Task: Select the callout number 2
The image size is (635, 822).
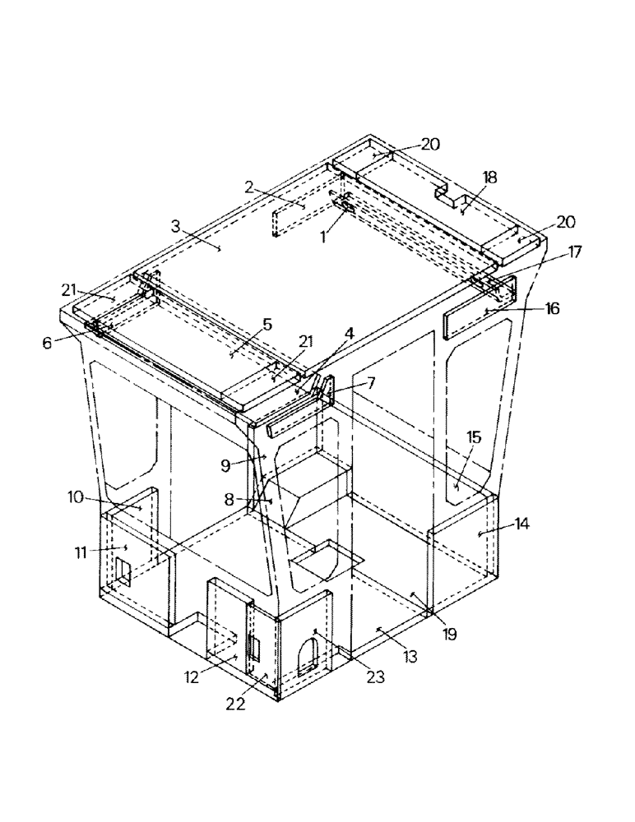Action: [248, 187]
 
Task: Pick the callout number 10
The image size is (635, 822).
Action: [75, 496]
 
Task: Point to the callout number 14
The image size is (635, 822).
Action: [521, 523]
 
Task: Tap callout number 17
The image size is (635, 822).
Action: [573, 252]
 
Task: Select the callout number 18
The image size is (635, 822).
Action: [489, 178]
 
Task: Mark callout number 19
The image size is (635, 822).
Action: [450, 634]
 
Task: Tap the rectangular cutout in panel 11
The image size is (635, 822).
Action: [123, 571]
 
